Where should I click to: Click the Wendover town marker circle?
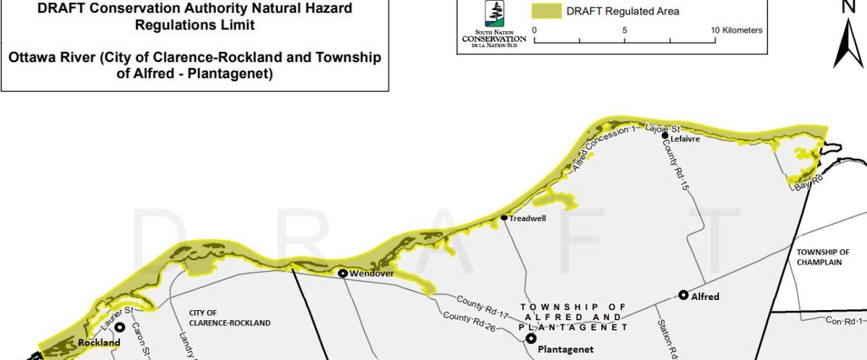point(343,273)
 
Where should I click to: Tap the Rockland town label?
point(99,343)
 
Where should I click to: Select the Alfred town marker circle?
point(683,295)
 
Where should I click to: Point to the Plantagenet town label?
point(566,349)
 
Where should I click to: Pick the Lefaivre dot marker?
point(665,135)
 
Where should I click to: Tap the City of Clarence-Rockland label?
point(229,318)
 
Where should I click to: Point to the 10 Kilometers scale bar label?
point(736,30)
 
